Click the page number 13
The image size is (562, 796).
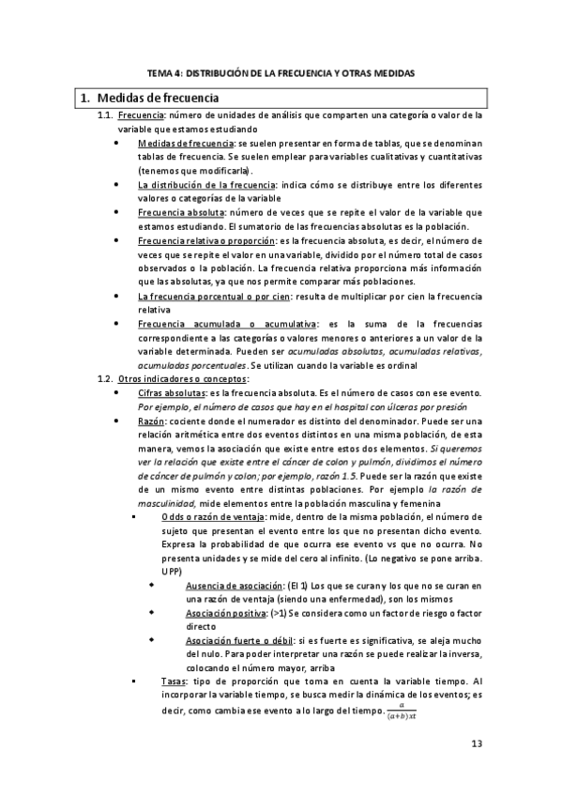point(476,744)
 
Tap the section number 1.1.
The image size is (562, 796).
point(106,116)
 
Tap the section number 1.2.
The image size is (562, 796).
point(106,378)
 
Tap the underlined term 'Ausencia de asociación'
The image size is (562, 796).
point(226,586)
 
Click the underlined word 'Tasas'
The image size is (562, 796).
point(173,681)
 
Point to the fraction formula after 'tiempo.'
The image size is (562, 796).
point(406,711)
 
